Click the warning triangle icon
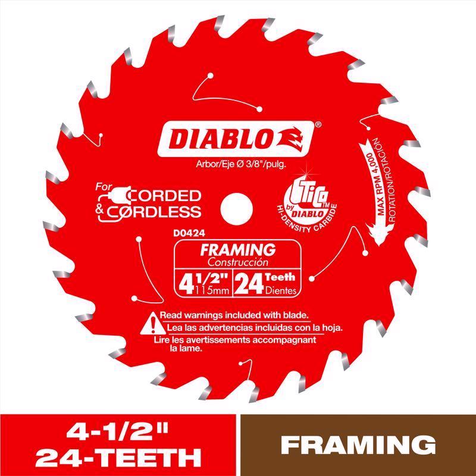[x=151, y=322]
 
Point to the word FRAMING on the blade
[x=237, y=249]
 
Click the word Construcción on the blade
[x=238, y=262]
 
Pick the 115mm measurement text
[x=211, y=290]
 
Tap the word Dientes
[x=280, y=290]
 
